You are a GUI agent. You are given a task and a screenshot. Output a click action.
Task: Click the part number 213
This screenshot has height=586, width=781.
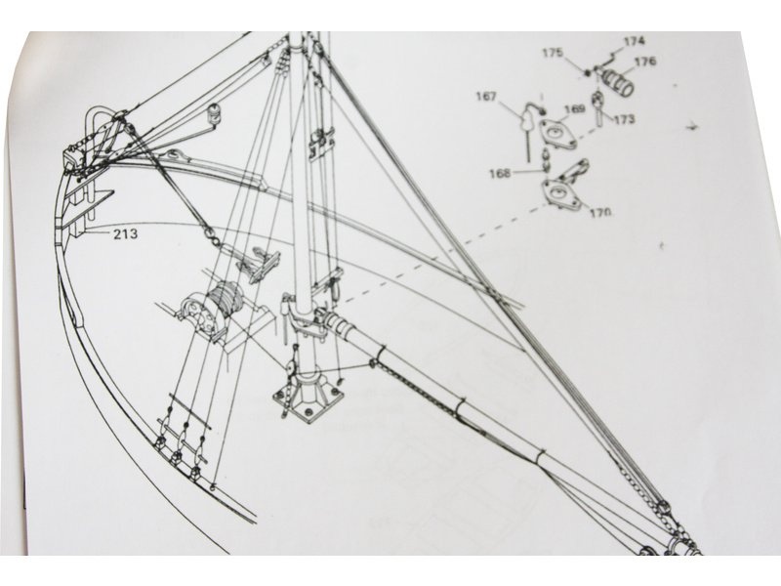pyautogui.click(x=123, y=234)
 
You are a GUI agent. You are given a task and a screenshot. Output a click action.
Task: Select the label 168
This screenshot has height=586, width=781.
pyautogui.click(x=500, y=173)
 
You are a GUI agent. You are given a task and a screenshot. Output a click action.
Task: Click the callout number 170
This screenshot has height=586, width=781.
pyautogui.click(x=600, y=211)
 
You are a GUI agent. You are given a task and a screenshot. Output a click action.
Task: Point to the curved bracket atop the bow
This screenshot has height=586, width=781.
pyautogui.click(x=98, y=123)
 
